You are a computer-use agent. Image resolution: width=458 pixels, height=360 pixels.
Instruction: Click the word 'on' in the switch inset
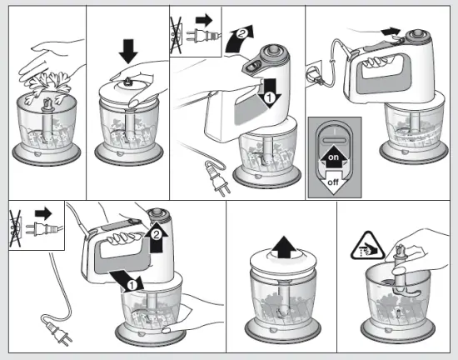pyautogui.click(x=333, y=157)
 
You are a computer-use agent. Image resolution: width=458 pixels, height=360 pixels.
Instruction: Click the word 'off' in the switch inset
pyautogui.click(x=333, y=182)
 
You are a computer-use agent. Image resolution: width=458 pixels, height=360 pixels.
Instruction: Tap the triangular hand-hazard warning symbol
pyautogui.click(x=368, y=247)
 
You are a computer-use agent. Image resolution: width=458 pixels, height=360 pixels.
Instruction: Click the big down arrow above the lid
pyautogui.click(x=128, y=52)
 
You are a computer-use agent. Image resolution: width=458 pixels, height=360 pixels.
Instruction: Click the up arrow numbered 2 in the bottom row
pyautogui.click(x=157, y=237)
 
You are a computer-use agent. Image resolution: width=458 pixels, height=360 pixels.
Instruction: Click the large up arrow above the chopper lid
pyautogui.click(x=284, y=247)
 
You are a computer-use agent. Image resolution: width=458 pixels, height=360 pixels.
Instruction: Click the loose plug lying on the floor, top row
pyautogui.click(x=217, y=179)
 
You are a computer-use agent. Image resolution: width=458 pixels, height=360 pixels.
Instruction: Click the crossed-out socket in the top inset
pyautogui.click(x=177, y=35)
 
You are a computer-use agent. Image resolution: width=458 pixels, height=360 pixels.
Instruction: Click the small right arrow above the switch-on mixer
pyautogui.click(x=391, y=32)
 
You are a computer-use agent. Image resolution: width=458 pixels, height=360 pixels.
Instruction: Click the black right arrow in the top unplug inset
pyautogui.click(x=205, y=20)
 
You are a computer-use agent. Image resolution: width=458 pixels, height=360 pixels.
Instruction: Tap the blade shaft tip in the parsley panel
pyautogui.click(x=47, y=103)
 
